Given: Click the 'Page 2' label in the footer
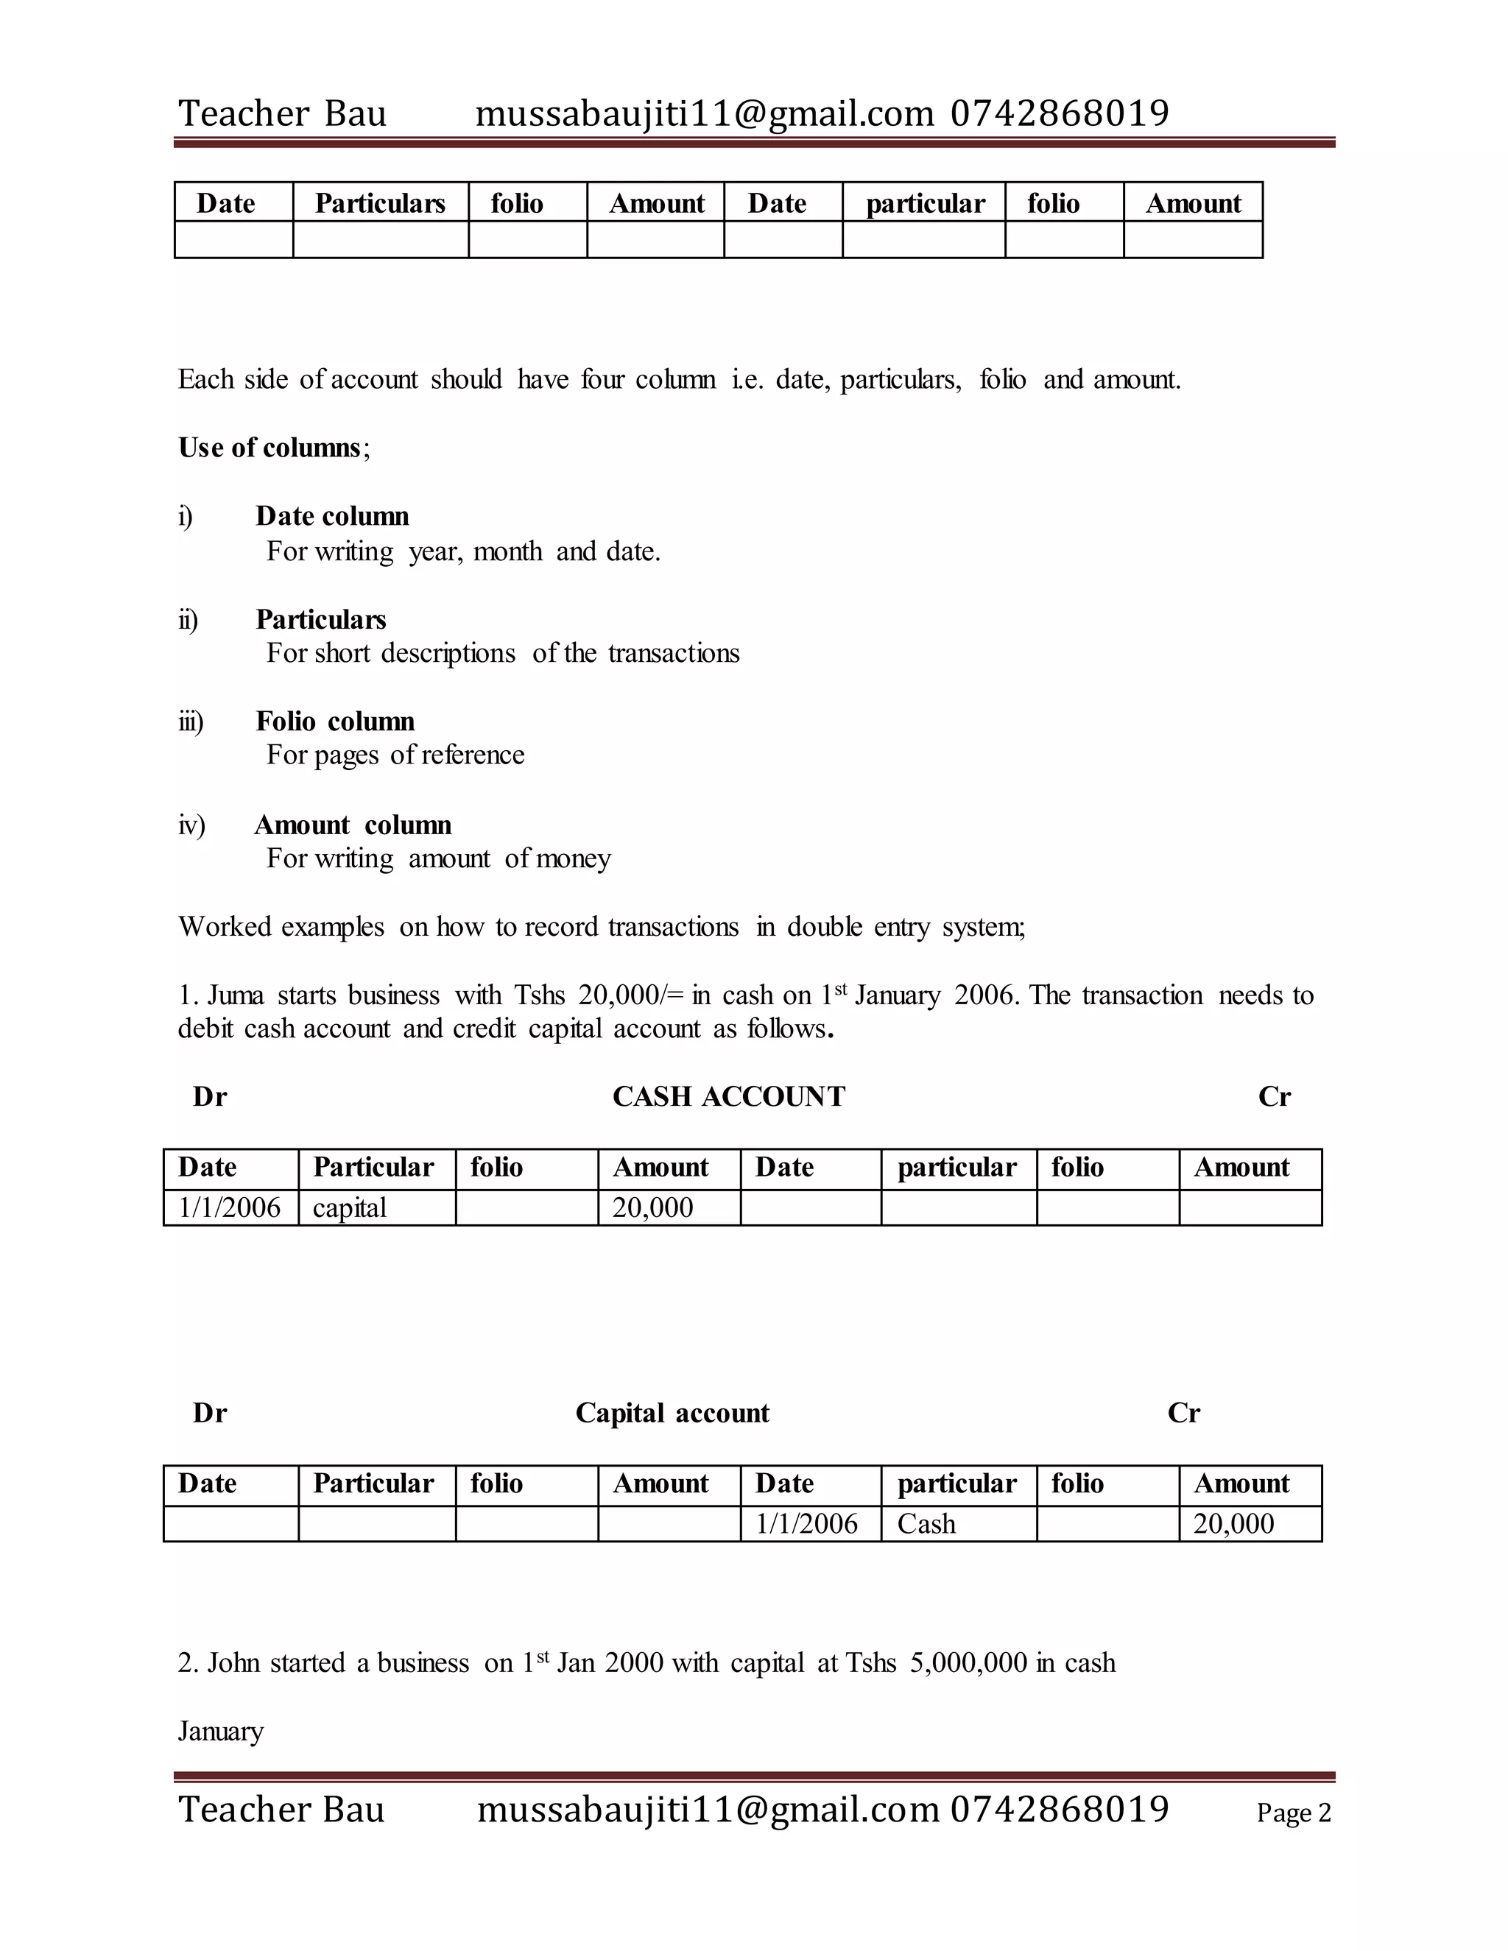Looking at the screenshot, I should point(1293,1813).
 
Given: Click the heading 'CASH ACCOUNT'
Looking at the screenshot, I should point(728,1096).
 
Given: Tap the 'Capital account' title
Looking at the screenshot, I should point(672,1412).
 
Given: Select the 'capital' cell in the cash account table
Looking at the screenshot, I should point(349,1207).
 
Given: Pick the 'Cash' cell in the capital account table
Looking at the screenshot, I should point(926,1523).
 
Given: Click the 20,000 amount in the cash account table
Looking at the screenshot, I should point(652,1207).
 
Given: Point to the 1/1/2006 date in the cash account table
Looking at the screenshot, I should point(230,1207).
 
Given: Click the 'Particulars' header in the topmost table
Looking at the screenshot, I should point(380,204).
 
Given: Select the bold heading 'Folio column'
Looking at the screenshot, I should point(335,721).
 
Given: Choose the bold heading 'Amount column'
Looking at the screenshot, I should point(353,825).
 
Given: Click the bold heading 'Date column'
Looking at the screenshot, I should point(332,516).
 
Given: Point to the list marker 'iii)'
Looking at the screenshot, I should point(190,721).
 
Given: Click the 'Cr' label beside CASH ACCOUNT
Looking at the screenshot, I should point(1274,1096).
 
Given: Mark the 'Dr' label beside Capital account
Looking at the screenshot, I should point(210,1412).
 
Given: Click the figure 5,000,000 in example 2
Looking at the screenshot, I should point(968,1662).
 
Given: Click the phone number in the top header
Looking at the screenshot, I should point(1060,113).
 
